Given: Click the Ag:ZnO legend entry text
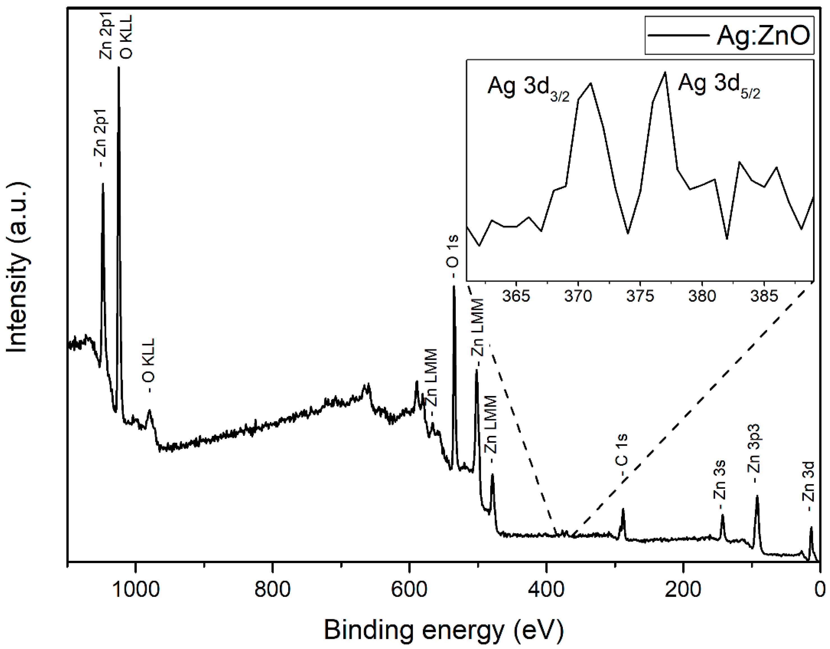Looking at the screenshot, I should point(763,35).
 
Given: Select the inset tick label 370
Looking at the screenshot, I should point(578,296).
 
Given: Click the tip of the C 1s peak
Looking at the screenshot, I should point(623,509).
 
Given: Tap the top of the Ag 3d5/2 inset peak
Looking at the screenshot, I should point(665,72).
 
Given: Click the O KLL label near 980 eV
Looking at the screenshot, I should point(149,365).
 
